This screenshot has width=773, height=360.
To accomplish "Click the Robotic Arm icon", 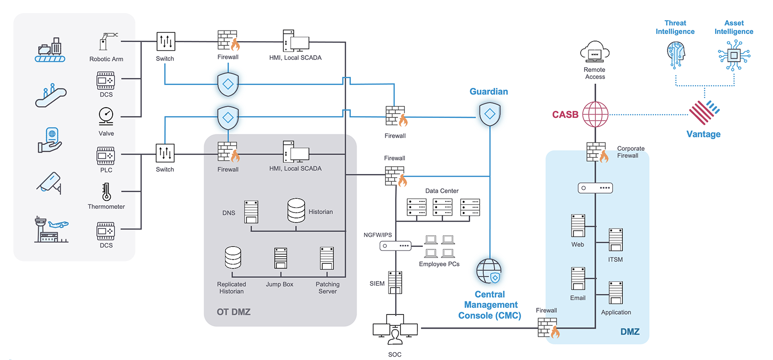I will click(x=107, y=42).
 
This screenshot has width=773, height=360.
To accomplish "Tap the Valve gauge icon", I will click(x=106, y=116).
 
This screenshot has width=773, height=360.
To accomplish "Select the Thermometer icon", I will click(x=106, y=191).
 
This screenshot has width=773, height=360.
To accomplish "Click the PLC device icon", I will click(x=106, y=156).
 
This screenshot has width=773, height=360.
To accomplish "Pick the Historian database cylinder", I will click(x=296, y=210).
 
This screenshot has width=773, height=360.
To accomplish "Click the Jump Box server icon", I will click(x=281, y=258).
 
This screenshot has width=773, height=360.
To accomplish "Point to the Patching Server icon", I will click(x=327, y=258).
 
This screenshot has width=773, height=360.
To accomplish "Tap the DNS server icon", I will click(x=251, y=212).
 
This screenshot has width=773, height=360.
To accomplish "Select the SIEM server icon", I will click(x=395, y=283).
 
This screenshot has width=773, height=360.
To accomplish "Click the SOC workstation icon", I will click(x=395, y=329).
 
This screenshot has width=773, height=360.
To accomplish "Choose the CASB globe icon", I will click(x=595, y=115).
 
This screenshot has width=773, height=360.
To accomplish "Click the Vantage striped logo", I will click(x=704, y=113).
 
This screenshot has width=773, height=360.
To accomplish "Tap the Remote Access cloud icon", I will click(x=595, y=52).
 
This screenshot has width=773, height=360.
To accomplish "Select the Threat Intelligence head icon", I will click(x=676, y=54).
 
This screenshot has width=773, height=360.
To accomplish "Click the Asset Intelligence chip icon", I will click(x=734, y=56).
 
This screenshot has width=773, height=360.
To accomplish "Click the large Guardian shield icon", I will click(x=490, y=114).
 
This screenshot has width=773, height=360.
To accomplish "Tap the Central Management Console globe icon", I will click(x=489, y=271).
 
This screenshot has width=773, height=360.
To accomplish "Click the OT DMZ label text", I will click(x=233, y=312).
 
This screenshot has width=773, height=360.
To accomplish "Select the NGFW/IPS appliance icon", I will click(x=395, y=246).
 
